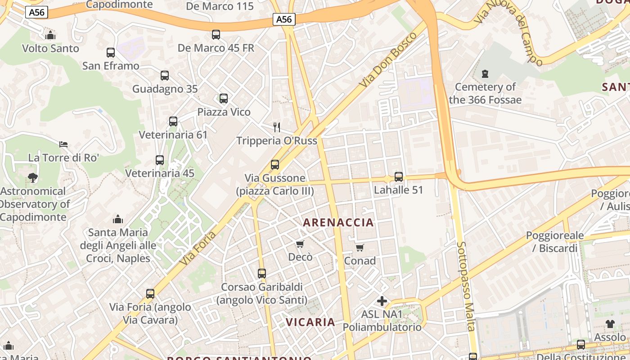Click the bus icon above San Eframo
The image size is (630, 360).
point(111,53)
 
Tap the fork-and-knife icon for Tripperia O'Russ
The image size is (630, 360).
point(277,127)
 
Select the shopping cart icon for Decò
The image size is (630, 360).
point(300,244)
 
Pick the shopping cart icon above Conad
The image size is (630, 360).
point(360,247)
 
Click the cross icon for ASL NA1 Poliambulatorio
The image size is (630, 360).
point(382,301)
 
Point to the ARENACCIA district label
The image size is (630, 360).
point(338,222)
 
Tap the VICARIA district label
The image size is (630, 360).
point(310,322)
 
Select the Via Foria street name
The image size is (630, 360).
point(198,248)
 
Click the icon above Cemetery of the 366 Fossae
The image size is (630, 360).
point(485,73)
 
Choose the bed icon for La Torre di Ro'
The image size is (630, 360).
point(63,144)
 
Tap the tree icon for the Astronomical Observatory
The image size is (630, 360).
point(33,178)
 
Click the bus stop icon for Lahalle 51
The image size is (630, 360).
point(399,177)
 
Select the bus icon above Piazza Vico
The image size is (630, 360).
point(224,99)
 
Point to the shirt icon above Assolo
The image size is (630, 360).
point(610,324)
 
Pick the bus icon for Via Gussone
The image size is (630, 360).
point(275,165)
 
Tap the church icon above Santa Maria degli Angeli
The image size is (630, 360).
point(118,219)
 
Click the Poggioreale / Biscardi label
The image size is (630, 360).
point(555,242)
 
